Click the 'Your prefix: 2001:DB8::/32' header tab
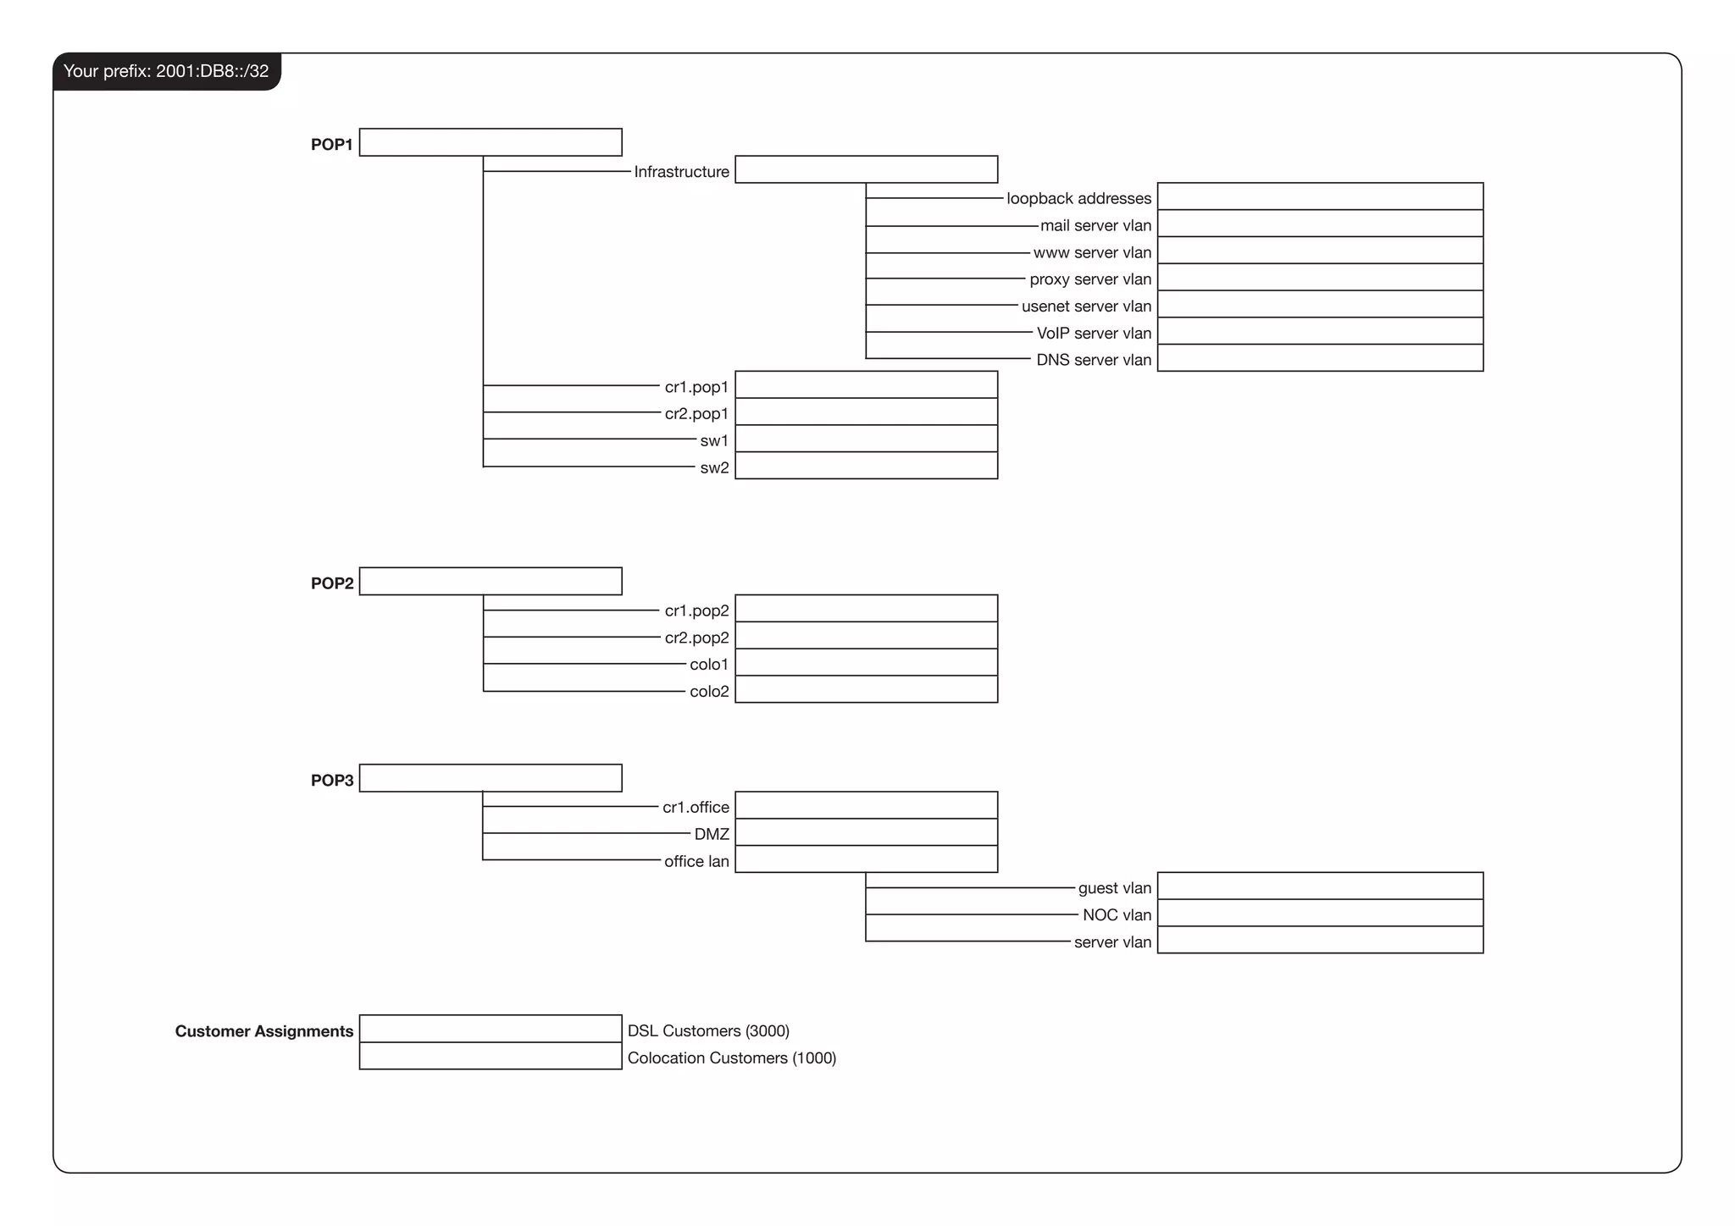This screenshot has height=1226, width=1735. [x=166, y=71]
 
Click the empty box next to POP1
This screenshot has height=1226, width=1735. [x=491, y=142]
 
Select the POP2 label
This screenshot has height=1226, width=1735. [x=332, y=583]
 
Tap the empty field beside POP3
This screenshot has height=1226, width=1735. [x=491, y=778]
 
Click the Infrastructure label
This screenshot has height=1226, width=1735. [x=681, y=172]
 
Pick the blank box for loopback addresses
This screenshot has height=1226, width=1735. [x=1320, y=196]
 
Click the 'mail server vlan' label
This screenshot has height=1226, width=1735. [x=1095, y=226]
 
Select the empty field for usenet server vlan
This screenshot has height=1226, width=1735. [x=1320, y=304]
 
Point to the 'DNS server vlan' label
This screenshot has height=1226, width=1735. [x=1094, y=360]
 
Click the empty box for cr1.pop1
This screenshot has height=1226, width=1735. [x=866, y=385]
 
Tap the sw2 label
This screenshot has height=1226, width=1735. [x=714, y=468]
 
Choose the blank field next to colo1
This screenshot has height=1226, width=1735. [x=866, y=662]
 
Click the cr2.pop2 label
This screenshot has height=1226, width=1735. [x=696, y=638]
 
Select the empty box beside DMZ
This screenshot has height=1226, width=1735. [x=866, y=832]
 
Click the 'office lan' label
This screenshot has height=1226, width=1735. [x=696, y=862]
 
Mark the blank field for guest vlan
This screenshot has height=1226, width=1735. [x=1320, y=886]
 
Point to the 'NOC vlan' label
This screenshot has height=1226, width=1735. [x=1117, y=915]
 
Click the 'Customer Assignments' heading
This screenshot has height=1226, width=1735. [x=263, y=1031]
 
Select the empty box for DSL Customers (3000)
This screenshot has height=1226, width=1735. [x=491, y=1029]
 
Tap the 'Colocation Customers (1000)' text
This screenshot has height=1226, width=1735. [x=731, y=1058]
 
